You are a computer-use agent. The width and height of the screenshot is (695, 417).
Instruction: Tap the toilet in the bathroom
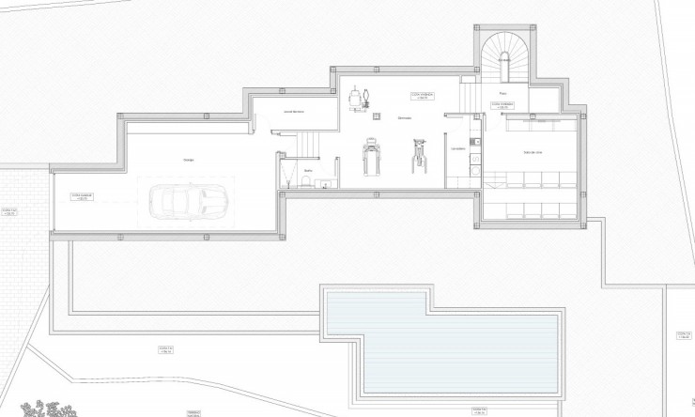tap(305, 185)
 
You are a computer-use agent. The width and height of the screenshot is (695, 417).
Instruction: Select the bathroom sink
tap(322, 183)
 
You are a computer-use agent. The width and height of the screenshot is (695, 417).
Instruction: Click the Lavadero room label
tap(457, 148)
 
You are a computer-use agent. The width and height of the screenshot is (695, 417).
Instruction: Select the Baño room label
tap(307, 170)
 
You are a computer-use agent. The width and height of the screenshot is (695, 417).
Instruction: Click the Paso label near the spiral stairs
tap(502, 94)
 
